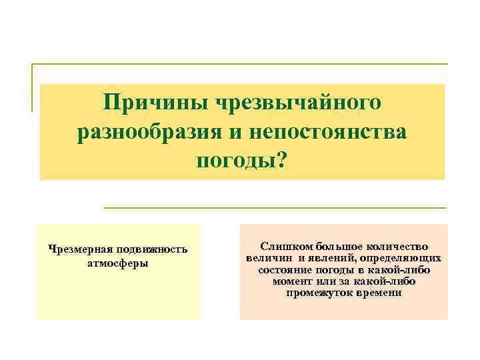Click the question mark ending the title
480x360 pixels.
click(x=279, y=161)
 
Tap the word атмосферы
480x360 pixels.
click(x=117, y=262)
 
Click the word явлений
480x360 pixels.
click(x=331, y=258)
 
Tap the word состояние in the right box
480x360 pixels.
click(x=284, y=270)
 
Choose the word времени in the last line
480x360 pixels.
click(x=379, y=293)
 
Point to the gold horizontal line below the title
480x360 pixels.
click(x=275, y=208)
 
